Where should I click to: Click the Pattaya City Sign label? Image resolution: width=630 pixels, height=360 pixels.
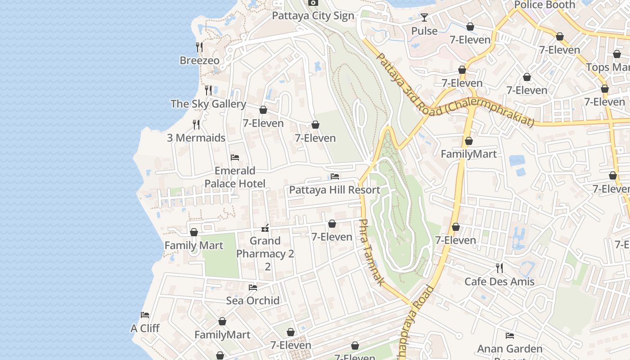(313, 16)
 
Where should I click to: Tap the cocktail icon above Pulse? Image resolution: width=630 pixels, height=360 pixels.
(424, 18)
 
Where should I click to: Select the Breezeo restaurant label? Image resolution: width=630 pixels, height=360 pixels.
(199, 60)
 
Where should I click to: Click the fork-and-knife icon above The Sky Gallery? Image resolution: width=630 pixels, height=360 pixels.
(208, 90)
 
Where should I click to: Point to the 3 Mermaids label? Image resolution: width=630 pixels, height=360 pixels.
(196, 138)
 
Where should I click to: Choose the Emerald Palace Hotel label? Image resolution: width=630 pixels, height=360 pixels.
(235, 177)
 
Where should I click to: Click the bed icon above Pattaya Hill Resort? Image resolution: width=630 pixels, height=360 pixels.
(335, 176)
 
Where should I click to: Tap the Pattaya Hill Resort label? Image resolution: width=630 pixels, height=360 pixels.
(335, 190)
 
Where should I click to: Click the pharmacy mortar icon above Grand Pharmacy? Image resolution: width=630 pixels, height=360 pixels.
(265, 228)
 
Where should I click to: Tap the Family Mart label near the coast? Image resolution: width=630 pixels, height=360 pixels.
(193, 245)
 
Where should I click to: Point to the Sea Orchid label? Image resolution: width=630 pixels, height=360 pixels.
(253, 300)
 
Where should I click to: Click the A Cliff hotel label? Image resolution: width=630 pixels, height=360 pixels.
(145, 328)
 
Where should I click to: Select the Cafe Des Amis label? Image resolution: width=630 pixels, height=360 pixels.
(499, 282)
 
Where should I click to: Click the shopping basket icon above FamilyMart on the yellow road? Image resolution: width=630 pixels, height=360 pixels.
(469, 141)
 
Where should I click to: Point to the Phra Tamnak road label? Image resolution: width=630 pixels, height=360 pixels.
(371, 252)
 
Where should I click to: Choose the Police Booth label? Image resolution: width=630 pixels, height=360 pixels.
(544, 5)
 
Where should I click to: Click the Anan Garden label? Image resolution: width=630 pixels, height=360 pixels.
(510, 349)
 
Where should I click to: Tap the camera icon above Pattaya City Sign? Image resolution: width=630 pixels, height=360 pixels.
(313, 3)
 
